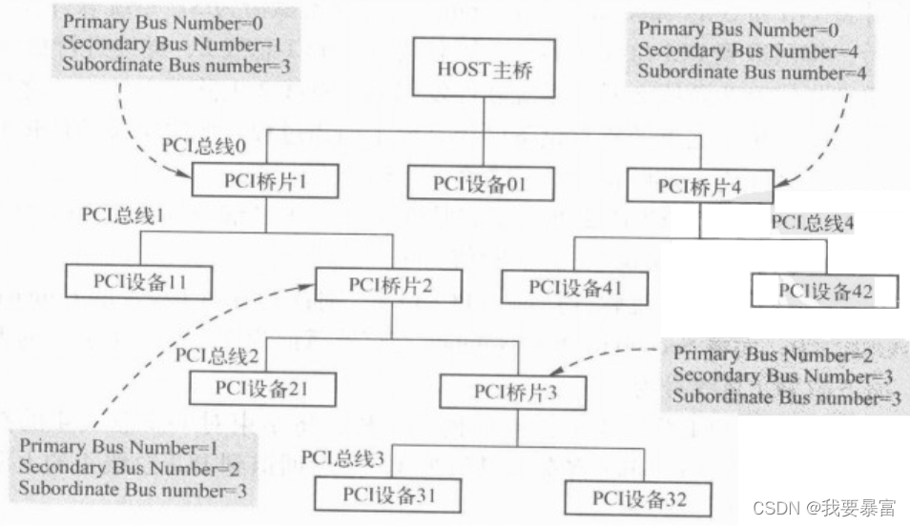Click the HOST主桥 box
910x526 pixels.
pyautogui.click(x=484, y=70)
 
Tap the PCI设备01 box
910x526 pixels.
pyautogui.click(x=481, y=182)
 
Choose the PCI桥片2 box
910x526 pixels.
pyautogui.click(x=391, y=285)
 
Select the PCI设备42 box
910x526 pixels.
pyautogui.click(x=824, y=290)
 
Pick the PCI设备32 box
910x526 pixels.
pyautogui.click(x=637, y=497)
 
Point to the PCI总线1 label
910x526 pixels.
pyautogui.click(x=124, y=214)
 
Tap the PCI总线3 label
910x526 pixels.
pyautogui.click(x=344, y=459)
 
